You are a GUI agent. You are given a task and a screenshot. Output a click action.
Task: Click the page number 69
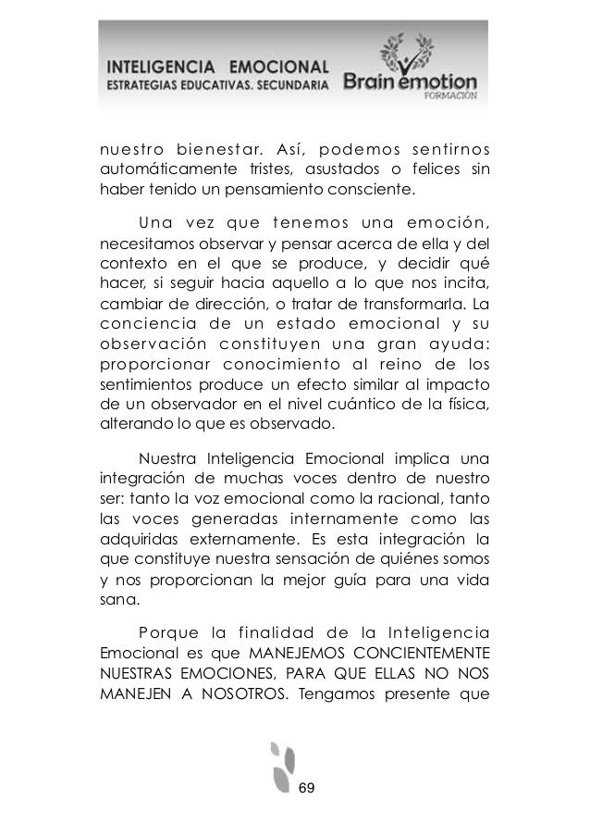pyautogui.click(x=307, y=787)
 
